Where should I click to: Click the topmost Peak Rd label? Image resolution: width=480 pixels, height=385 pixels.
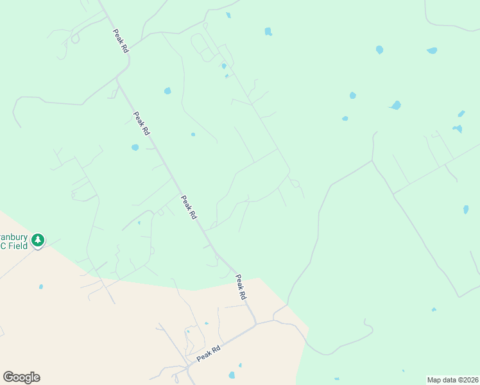[121, 40]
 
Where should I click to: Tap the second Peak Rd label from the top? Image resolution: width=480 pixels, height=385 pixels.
[141, 123]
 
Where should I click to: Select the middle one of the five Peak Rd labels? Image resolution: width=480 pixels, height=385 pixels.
[188, 208]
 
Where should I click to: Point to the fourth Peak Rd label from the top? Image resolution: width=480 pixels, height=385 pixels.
[241, 287]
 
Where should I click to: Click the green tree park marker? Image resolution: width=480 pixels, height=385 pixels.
[38, 241]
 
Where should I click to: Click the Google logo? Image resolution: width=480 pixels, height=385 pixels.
[21, 377]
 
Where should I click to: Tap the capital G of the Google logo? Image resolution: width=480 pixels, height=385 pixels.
[8, 377]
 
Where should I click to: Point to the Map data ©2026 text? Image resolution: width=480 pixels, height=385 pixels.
[452, 379]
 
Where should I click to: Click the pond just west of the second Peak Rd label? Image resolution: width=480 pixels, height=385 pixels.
[135, 148]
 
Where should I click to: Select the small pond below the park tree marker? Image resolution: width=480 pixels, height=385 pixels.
[41, 286]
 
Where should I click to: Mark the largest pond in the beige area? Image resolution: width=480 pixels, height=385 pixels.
[232, 375]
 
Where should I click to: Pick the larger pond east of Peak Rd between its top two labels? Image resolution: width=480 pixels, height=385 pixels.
[167, 91]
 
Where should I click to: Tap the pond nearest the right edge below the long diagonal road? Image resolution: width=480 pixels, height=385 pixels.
[466, 210]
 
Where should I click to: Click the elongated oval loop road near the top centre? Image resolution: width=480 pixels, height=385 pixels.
[201, 46]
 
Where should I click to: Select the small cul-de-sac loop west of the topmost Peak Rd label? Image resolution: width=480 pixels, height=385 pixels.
[75, 38]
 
